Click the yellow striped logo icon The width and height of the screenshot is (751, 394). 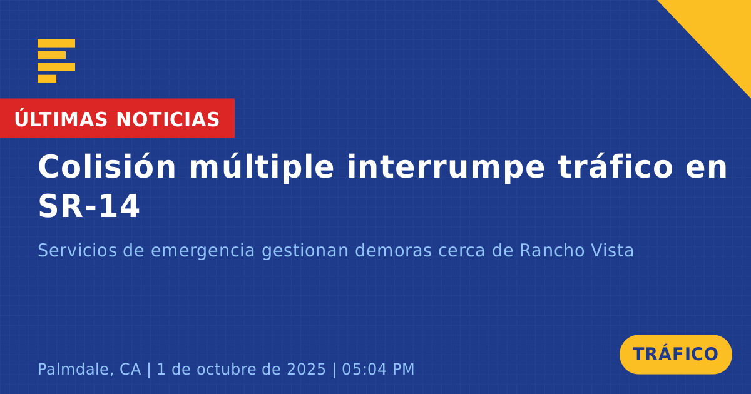(x=56, y=61)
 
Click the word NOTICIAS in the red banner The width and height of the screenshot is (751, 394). (x=168, y=119)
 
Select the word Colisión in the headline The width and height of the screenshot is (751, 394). (x=107, y=166)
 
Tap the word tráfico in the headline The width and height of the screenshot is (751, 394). (x=616, y=166)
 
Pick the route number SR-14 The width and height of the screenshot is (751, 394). (x=88, y=206)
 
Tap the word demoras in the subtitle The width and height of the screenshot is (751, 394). (x=393, y=250)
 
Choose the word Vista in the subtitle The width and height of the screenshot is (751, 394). (x=613, y=250)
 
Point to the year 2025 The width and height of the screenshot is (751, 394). (x=307, y=369)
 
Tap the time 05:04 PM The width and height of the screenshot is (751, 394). (x=378, y=369)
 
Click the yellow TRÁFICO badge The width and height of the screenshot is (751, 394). (x=675, y=355)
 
